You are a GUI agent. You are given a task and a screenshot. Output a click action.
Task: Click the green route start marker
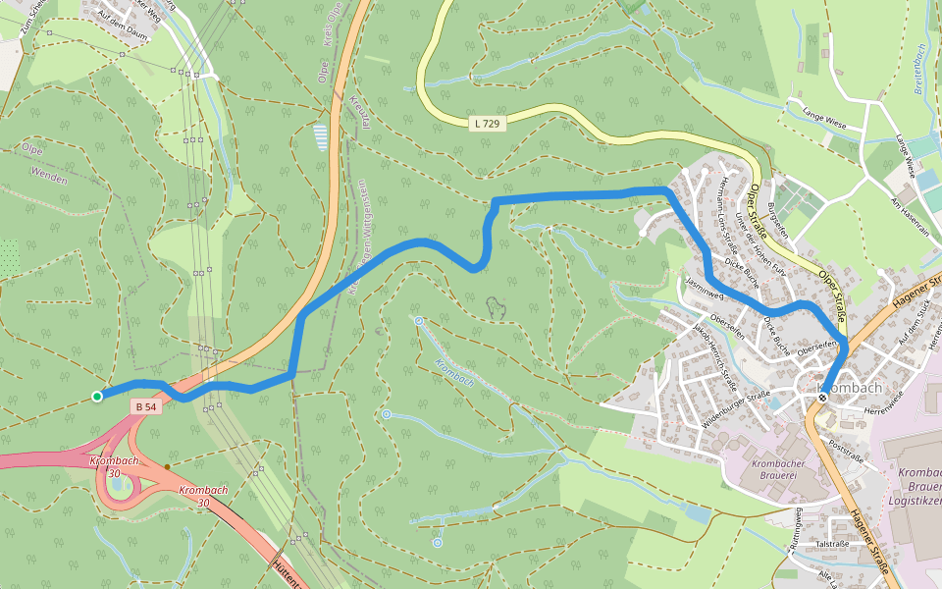click(x=96, y=397)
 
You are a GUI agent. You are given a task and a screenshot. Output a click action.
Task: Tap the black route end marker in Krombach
click(x=822, y=398)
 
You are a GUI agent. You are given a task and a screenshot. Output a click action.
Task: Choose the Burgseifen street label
click(x=779, y=222)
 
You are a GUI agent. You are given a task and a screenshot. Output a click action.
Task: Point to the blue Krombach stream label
click(x=453, y=373)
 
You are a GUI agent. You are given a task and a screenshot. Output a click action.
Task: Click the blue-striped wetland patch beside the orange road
click(x=320, y=134)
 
